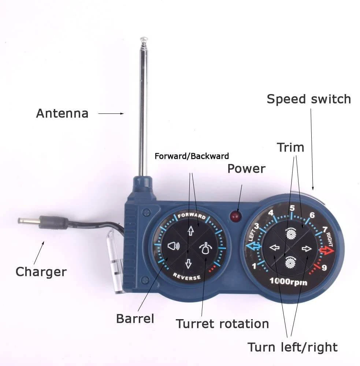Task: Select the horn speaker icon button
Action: [x=174, y=246]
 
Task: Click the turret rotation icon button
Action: [x=205, y=248]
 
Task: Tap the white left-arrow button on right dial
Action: [x=275, y=247]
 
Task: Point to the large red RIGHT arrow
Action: [x=327, y=250]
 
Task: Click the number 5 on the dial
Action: [x=292, y=208]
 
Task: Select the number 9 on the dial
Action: [x=324, y=268]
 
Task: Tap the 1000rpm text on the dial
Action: [x=288, y=281]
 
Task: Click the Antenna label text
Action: [x=62, y=113]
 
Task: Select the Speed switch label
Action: [x=309, y=99]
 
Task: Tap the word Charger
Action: [x=41, y=272]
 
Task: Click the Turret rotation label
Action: [x=222, y=324]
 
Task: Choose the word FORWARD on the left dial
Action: [x=192, y=216]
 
